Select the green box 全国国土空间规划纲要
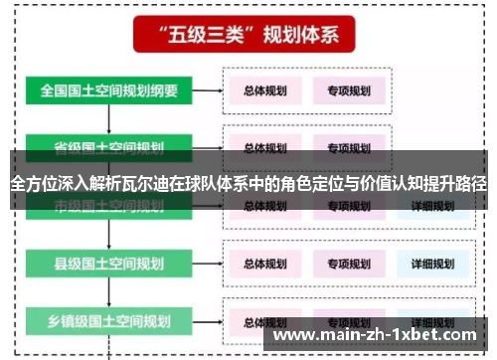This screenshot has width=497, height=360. point(109,90)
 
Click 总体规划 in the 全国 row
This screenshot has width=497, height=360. point(265,90)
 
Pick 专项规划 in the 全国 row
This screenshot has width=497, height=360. point(349,90)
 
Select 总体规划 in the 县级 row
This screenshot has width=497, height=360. point(265,264)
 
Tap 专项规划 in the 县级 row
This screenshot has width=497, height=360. point(349,264)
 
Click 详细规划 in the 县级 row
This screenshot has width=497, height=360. point(431,264)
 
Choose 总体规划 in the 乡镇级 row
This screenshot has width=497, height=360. point(265,322)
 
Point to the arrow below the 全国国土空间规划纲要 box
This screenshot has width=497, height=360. point(109,118)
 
